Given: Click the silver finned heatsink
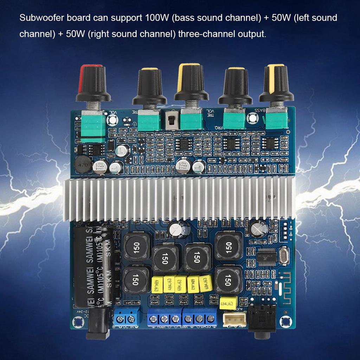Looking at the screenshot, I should point(179,198).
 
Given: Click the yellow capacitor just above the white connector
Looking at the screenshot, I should point(228,302).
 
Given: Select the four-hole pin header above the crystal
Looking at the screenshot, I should point(286,230).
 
